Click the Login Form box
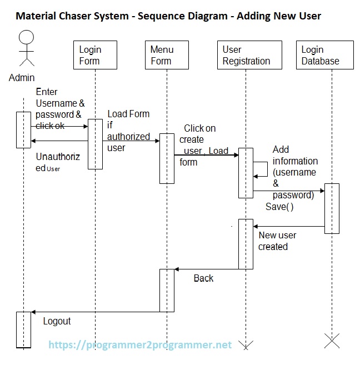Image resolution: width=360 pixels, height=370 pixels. click(95, 55)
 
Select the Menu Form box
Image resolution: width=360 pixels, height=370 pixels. click(166, 55)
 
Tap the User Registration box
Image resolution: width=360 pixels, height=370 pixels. click(246, 55)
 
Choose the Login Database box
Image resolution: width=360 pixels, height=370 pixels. click(324, 55)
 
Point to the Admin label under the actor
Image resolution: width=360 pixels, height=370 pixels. click(22, 78)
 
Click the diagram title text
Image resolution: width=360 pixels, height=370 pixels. click(168, 16)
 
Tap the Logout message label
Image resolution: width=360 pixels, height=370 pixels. click(57, 321)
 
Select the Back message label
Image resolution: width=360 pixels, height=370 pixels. click(203, 278)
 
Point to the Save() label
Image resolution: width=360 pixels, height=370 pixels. click(279, 206)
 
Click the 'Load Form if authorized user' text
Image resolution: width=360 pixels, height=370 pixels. click(128, 131)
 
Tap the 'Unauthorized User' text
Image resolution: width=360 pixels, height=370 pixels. click(57, 162)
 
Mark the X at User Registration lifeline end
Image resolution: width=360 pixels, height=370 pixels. click(246, 343)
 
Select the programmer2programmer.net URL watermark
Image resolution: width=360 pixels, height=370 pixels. click(140, 345)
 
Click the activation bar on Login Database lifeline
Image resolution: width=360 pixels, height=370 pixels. click(332, 208)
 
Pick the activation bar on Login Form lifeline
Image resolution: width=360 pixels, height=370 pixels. click(95, 143)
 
